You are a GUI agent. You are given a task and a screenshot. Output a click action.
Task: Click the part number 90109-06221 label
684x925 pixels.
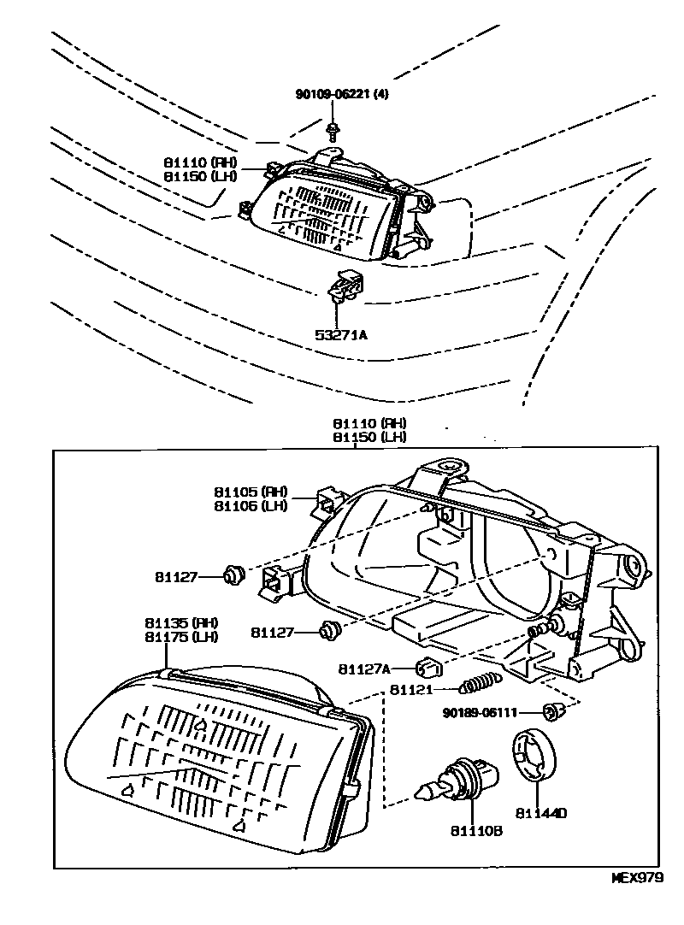(341, 95)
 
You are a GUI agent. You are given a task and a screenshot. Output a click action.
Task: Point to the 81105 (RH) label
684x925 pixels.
(251, 492)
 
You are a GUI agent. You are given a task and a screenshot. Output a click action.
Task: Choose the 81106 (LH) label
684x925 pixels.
(251, 505)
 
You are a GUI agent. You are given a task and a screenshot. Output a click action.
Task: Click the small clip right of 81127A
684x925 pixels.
(427, 667)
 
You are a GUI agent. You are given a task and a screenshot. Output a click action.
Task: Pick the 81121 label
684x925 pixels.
(414, 689)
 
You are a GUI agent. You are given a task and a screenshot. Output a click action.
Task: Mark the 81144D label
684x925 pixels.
(541, 813)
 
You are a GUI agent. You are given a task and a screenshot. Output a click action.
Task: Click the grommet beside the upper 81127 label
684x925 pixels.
(233, 577)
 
